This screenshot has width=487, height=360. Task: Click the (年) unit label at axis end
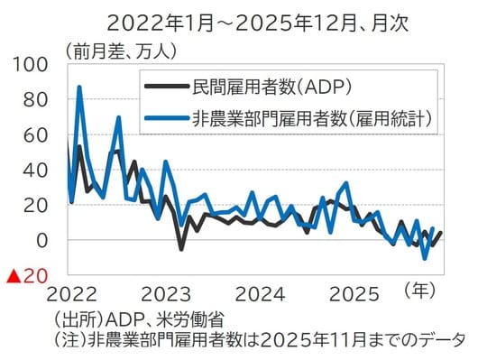click(x=421, y=291)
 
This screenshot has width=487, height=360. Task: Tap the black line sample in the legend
click(x=165, y=88)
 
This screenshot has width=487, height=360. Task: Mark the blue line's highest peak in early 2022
click(x=79, y=88)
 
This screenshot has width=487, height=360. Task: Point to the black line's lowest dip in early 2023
click(x=180, y=248)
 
